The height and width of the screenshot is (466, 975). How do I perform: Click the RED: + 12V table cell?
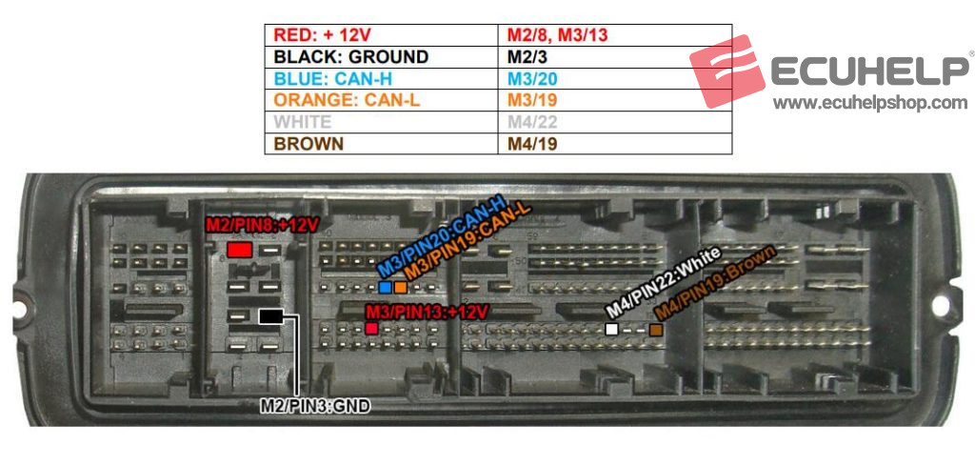pyautogui.click(x=381, y=34)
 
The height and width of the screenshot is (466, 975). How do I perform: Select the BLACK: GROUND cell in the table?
pyautogui.click(x=381, y=57)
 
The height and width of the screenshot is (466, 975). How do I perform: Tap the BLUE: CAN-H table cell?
pyautogui.click(x=381, y=79)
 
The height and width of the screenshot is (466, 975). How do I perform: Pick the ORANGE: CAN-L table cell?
pyautogui.click(x=381, y=100)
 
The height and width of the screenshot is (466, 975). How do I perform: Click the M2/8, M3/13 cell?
pyautogui.click(x=614, y=34)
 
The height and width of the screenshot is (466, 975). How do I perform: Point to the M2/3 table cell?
pyautogui.click(x=614, y=57)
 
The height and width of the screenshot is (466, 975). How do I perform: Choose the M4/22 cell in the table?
pyautogui.click(x=614, y=122)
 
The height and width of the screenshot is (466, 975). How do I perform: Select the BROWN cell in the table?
pyautogui.click(x=381, y=144)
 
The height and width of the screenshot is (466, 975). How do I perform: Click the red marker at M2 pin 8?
pyautogui.click(x=239, y=250)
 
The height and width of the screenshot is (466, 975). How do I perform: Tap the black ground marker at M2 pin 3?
pyautogui.click(x=271, y=315)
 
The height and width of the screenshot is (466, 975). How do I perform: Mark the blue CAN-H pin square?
pyautogui.click(x=385, y=287)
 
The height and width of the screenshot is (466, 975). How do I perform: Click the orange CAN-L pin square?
pyautogui.click(x=400, y=287)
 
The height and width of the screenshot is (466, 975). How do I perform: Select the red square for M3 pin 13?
pyautogui.click(x=371, y=328)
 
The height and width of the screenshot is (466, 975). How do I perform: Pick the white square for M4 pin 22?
pyautogui.click(x=612, y=329)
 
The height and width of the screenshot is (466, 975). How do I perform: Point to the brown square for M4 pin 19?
pyautogui.click(x=656, y=329)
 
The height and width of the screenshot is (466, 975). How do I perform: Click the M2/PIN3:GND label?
pyautogui.click(x=314, y=406)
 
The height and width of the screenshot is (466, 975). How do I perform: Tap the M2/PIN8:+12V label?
pyautogui.click(x=261, y=225)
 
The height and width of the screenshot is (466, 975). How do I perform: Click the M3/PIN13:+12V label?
pyautogui.click(x=427, y=312)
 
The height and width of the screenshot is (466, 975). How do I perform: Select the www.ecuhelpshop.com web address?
pyautogui.click(x=869, y=103)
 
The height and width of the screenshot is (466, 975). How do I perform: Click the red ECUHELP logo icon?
pyautogui.click(x=727, y=71)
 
